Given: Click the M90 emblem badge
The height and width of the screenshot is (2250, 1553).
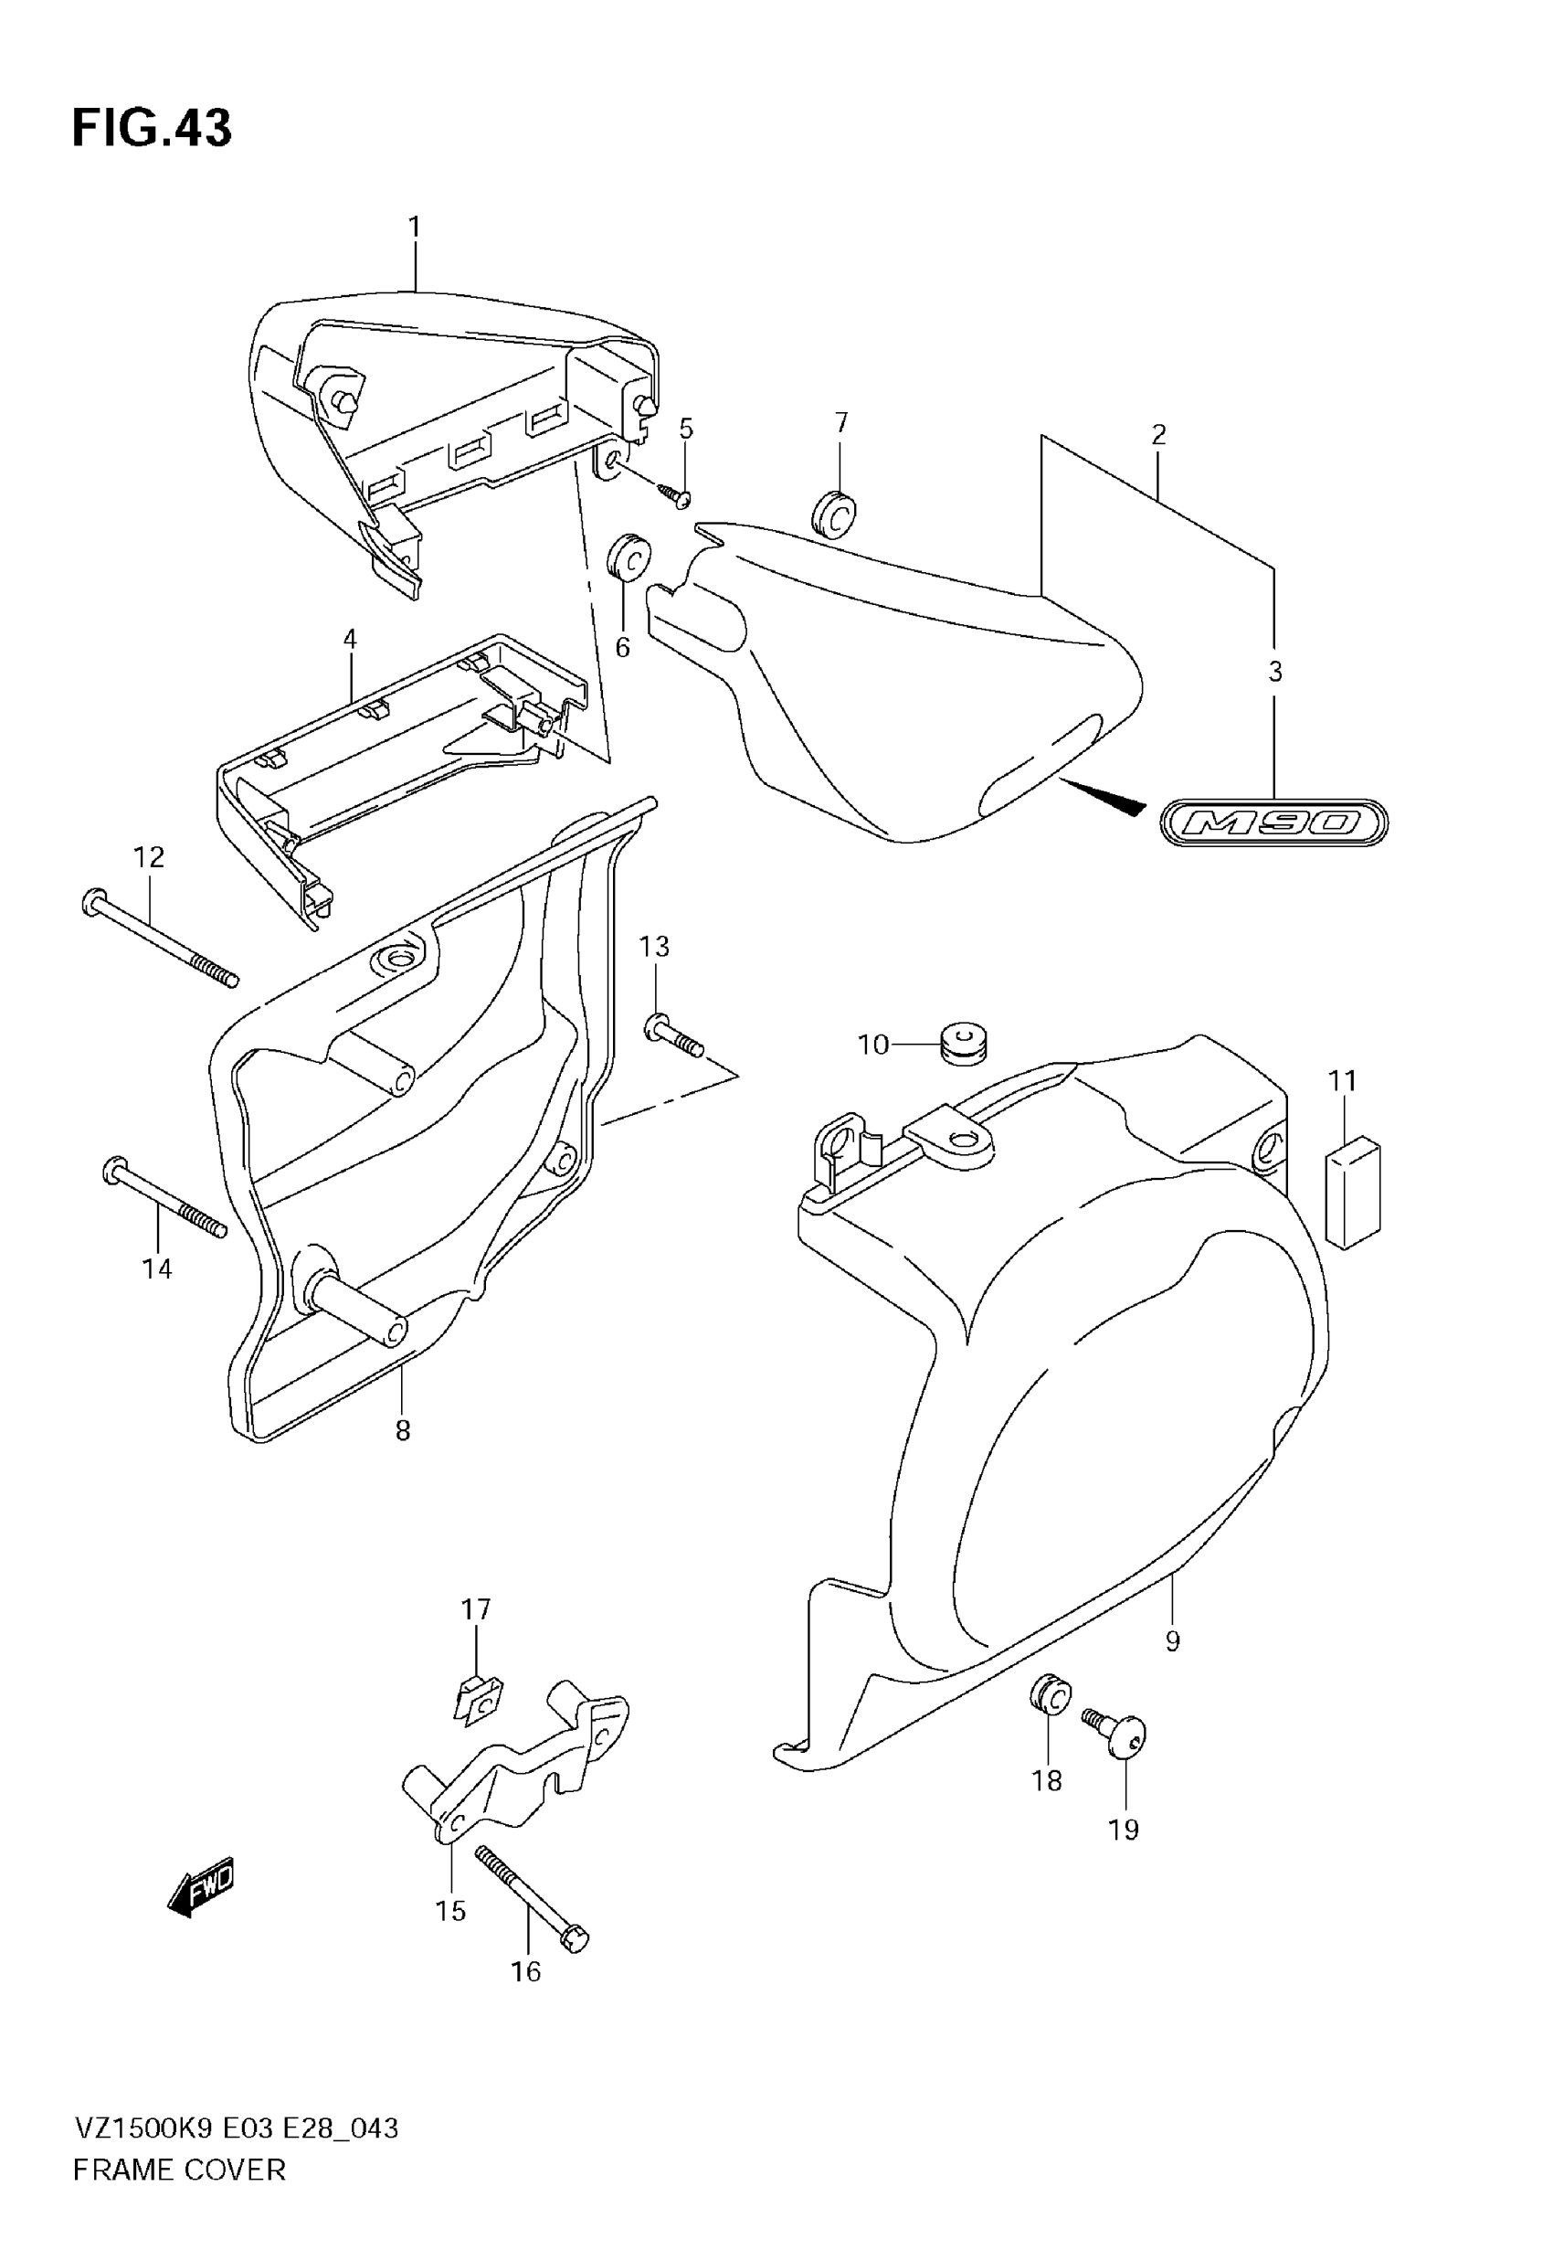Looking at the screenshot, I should [1273, 823].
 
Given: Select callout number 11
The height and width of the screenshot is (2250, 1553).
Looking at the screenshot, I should [1343, 1080].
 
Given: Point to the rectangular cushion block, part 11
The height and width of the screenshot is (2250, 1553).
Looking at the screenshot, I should [1354, 1194].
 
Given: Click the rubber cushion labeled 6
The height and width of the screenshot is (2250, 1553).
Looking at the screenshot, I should [628, 557].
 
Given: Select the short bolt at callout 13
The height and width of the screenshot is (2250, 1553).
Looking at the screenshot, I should [673, 1035].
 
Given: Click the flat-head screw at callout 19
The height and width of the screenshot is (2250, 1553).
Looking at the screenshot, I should [1125, 1736].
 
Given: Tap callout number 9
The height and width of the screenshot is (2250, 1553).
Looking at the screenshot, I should [1173, 1641].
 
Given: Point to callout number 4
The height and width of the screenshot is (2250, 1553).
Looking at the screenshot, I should [349, 640].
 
